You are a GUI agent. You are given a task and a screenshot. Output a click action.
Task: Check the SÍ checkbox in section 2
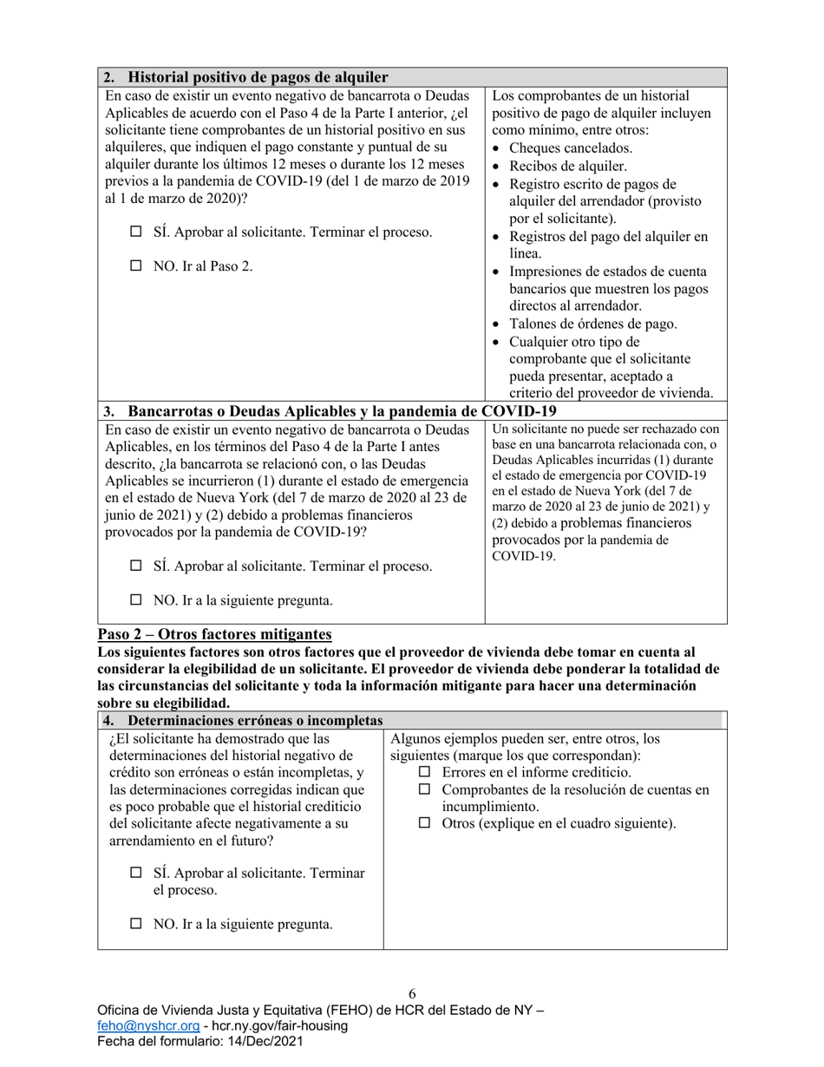[135, 232]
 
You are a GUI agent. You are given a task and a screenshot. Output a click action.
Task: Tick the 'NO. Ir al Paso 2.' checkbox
[135, 266]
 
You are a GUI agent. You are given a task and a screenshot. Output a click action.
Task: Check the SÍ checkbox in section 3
[135, 566]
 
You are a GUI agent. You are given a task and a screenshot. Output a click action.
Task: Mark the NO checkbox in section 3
[135, 599]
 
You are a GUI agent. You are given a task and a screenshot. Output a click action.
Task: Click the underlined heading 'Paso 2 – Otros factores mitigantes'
[214, 634]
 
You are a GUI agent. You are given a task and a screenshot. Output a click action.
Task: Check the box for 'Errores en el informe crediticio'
[425, 772]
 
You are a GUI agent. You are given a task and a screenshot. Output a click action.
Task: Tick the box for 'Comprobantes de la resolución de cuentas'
[425, 789]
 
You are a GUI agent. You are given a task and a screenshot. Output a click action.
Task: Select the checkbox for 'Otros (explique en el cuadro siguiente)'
[425, 823]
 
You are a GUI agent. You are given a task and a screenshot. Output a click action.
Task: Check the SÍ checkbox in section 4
[135, 873]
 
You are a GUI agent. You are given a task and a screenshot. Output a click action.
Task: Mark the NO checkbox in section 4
[135, 924]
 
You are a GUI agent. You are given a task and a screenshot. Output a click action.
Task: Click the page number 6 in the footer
[412, 993]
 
